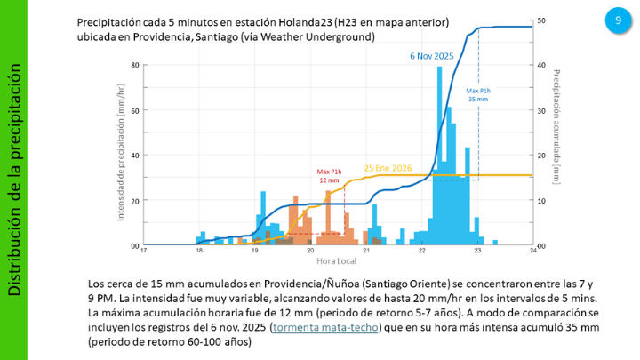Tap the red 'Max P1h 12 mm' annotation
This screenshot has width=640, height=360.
pyautogui.click(x=330, y=176)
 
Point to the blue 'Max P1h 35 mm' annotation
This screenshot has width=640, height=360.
pyautogui.click(x=478, y=94)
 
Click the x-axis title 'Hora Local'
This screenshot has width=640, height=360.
pyautogui.click(x=337, y=260)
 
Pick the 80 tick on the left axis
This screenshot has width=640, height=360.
pyautogui.click(x=135, y=65)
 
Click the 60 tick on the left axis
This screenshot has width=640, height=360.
pyautogui.click(x=135, y=110)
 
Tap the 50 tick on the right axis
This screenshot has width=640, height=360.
pyautogui.click(x=541, y=20)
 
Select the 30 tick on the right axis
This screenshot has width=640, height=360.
pyautogui.click(x=541, y=110)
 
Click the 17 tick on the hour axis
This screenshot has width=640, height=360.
pyautogui.click(x=143, y=252)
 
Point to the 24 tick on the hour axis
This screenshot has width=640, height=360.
pyautogui.click(x=532, y=252)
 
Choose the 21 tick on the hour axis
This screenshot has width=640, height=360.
pyautogui.click(x=365, y=252)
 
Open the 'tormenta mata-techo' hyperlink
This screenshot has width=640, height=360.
pyautogui.click(x=327, y=328)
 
